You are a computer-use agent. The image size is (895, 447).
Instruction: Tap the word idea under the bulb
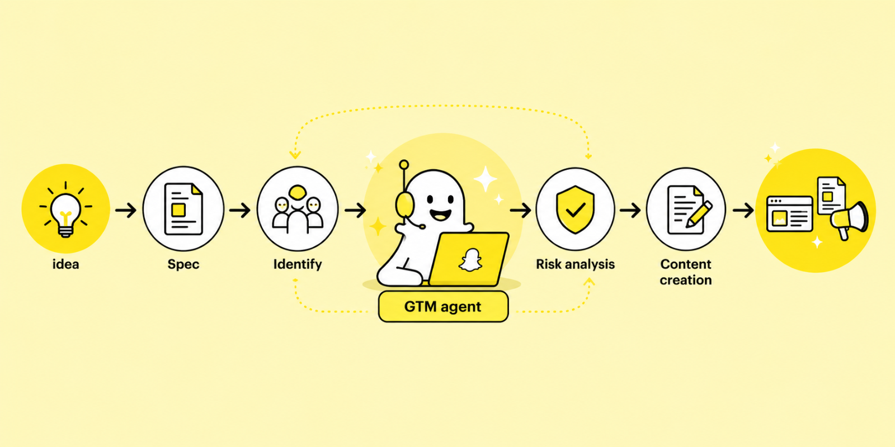[65, 264]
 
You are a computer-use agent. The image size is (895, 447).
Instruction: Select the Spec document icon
[183, 209]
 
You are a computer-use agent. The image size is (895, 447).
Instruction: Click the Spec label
[183, 264]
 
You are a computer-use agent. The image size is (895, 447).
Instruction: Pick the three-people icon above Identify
[298, 209]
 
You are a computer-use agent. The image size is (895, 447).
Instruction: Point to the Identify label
[298, 264]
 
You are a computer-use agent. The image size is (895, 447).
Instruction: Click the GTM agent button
[443, 307]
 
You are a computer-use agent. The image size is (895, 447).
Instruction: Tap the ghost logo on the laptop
[470, 260]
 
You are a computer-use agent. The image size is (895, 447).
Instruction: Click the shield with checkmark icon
[575, 209]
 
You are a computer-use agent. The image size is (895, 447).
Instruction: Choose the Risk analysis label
[575, 264]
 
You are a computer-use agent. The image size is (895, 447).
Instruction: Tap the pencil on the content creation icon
[699, 215]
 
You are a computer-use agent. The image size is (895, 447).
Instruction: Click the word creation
[686, 280]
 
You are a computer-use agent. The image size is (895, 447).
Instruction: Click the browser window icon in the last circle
[789, 214]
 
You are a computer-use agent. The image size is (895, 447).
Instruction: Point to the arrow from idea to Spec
[126, 210]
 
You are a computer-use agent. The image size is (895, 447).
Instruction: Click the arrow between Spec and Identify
[240, 210]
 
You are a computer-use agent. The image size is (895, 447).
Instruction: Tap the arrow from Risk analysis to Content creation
[630, 210]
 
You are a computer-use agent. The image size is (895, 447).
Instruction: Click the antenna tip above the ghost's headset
[404, 164]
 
